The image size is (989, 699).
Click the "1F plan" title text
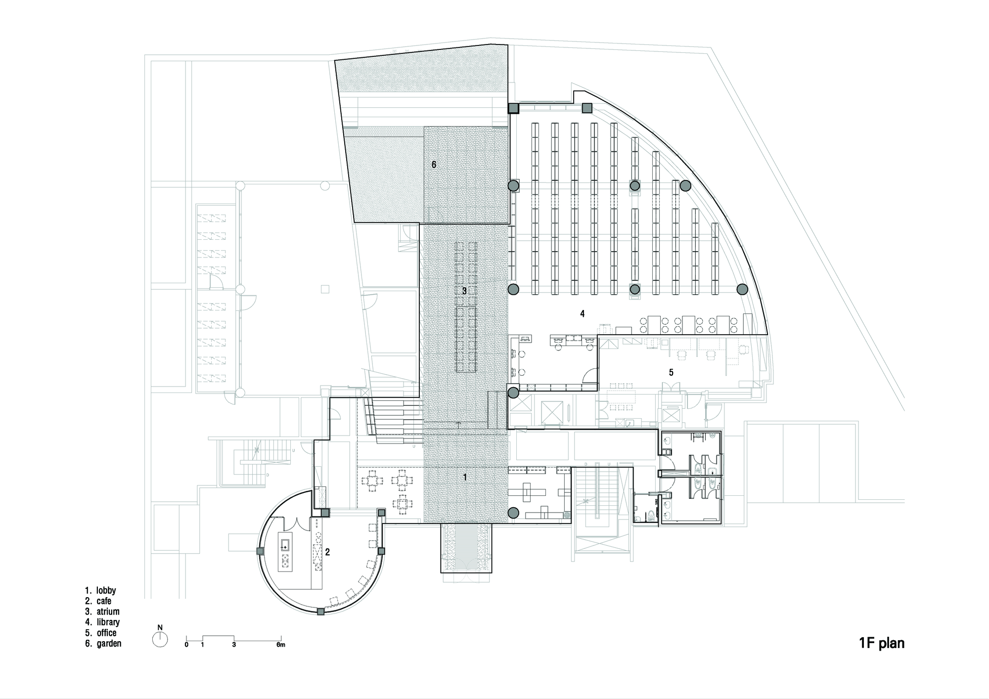881,643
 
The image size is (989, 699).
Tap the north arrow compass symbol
160,640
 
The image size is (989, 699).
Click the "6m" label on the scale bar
280,645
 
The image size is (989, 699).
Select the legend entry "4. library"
102,622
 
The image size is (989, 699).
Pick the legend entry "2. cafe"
98,601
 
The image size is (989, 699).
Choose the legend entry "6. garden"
103,643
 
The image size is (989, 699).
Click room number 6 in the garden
434,165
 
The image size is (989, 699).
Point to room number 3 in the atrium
464,291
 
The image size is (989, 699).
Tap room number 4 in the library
583,313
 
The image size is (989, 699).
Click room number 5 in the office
671,372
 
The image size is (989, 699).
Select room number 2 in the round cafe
327,552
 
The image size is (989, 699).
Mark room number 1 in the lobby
464,477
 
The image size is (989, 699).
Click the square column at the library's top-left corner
513,108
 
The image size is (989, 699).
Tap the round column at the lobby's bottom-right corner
513,513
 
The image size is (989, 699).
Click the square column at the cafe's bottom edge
320,612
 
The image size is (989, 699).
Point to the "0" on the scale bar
186,645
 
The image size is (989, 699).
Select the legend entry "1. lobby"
100,590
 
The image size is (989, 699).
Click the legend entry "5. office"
101,633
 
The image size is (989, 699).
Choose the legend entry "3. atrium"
102,612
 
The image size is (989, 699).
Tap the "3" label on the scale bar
234,645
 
